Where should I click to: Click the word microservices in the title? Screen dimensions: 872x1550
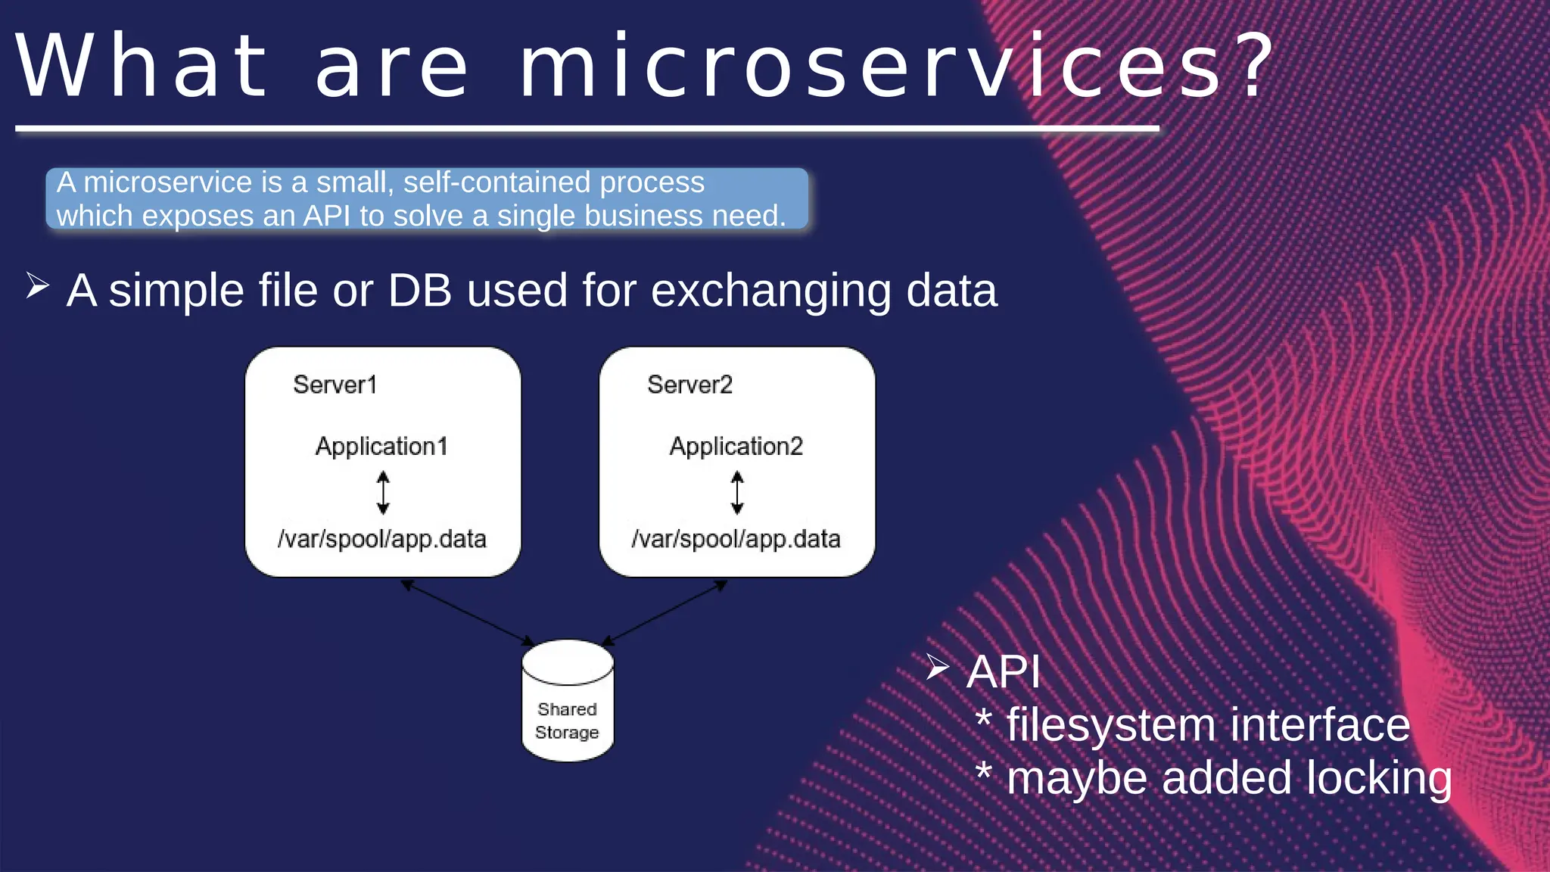[x=870, y=67]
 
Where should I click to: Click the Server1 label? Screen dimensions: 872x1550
[x=335, y=385]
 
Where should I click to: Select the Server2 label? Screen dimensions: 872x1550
[x=689, y=385]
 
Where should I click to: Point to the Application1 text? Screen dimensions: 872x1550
[x=381, y=446]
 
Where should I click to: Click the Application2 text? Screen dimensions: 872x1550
[x=736, y=446]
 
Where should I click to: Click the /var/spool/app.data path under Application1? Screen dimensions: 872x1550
[x=381, y=539]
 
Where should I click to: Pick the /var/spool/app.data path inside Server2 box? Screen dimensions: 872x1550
[x=736, y=539]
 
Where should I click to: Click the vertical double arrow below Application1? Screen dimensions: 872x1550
[x=383, y=492]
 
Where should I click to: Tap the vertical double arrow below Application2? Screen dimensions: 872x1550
[x=737, y=492]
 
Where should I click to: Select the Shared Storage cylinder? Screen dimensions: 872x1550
[x=568, y=700]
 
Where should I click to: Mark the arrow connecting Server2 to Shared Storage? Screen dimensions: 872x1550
[x=665, y=612]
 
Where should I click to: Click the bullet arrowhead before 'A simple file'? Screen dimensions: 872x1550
[x=37, y=286]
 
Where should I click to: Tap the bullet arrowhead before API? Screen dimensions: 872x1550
[x=937, y=667]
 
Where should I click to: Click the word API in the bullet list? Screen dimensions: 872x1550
[x=1004, y=671]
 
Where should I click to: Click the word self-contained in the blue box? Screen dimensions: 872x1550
[x=496, y=182]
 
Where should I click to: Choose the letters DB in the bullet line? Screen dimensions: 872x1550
[x=420, y=290]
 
